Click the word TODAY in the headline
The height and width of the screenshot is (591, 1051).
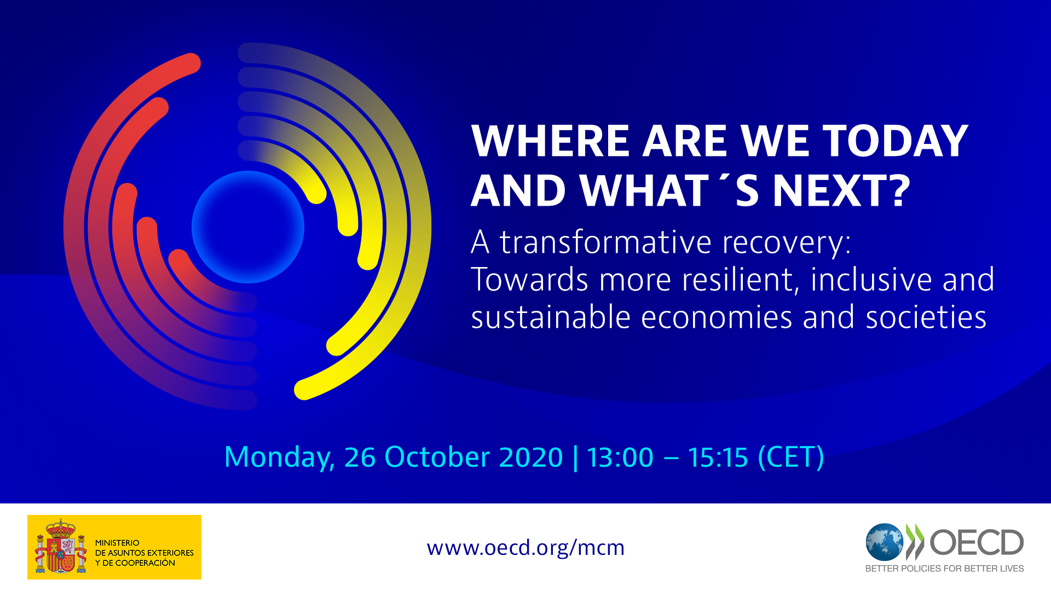pos(896,141)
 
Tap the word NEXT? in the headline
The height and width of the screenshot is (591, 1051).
pos(841,191)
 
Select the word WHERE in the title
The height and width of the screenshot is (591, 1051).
pos(550,141)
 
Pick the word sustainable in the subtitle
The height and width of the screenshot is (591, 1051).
pos(550,317)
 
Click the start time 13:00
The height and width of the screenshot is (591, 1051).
pos(620,457)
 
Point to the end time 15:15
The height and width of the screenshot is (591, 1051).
pos(718,457)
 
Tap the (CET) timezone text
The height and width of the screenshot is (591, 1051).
pos(791,457)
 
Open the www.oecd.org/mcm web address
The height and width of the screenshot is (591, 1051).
pos(525,547)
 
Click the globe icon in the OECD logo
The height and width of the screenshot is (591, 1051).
pos(884,542)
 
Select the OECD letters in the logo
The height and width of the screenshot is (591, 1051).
pos(977,542)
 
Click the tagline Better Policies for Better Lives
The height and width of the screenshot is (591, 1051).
pos(944,569)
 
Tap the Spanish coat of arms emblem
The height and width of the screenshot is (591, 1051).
pos(61,547)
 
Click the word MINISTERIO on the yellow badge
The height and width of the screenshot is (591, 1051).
pos(117,543)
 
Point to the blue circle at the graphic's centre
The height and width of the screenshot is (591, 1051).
pos(247,227)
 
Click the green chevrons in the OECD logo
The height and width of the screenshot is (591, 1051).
pos(915,541)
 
